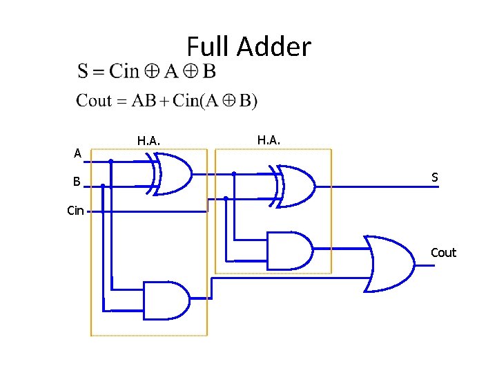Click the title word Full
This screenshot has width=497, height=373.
tap(208, 47)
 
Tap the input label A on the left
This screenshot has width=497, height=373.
tap(78, 153)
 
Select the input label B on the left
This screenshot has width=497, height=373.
tap(78, 182)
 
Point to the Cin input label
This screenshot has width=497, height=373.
tap(75, 211)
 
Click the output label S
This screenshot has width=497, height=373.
tap(435, 178)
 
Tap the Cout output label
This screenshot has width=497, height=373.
tap(443, 252)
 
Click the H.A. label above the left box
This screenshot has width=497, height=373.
tap(148, 141)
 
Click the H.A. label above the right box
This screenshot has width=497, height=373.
tap(269, 140)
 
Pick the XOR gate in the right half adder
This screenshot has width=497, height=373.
tap(293, 186)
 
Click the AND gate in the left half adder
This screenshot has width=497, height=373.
tap(166, 300)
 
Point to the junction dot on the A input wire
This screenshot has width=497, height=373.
tap(110, 162)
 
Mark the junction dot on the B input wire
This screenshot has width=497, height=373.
tap(103, 185)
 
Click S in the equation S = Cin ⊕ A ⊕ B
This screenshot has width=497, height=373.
tap(83, 71)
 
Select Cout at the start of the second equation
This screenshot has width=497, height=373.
tap(94, 101)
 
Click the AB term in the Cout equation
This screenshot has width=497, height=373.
tap(143, 101)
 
